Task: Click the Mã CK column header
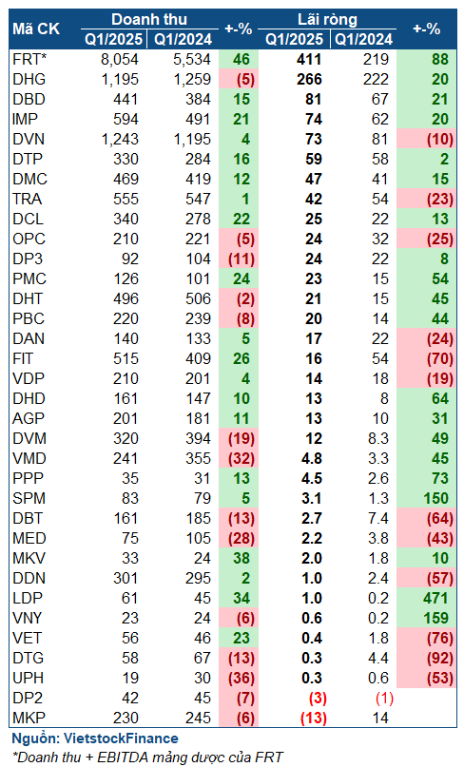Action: [36, 29]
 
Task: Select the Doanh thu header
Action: [149, 19]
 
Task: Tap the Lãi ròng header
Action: [327, 19]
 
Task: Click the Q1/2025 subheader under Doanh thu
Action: [113, 39]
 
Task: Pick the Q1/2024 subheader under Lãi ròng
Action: [363, 39]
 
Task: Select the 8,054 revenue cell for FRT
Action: [120, 59]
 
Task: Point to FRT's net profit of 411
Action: [309, 59]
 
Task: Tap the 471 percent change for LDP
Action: [436, 598]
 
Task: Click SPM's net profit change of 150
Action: [436, 498]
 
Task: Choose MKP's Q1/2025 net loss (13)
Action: [313, 719]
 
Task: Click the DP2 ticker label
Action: [28, 698]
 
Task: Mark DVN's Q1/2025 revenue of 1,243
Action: [120, 140]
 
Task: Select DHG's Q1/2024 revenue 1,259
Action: [192, 79]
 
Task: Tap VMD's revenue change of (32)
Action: [242, 459]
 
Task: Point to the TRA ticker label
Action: [28, 199]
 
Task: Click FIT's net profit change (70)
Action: [439, 359]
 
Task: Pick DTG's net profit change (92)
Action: [439, 659]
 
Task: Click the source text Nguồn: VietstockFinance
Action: [95, 738]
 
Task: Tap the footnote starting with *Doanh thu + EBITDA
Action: [147, 757]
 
